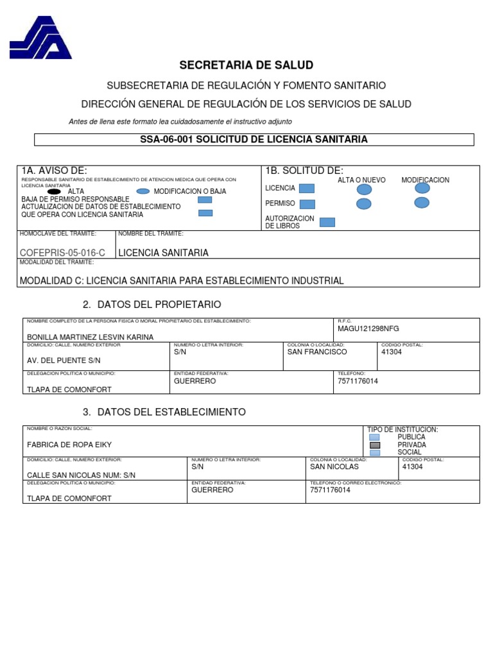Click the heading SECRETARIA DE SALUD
tap(246, 65)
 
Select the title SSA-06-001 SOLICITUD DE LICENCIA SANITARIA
tap(254, 139)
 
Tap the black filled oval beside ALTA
tap(55, 191)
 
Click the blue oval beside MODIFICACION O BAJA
tap(143, 191)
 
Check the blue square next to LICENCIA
tap(307, 189)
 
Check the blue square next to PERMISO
tap(307, 204)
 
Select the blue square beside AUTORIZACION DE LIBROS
tap(327, 222)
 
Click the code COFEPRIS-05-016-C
tap(63, 253)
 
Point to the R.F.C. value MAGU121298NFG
tap(368, 328)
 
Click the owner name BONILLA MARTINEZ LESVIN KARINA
tap(90, 337)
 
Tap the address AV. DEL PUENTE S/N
tap(64, 361)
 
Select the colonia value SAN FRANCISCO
tap(317, 352)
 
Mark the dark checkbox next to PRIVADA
tap(375, 445)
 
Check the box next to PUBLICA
tap(375, 437)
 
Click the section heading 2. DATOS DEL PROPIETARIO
tap(151, 304)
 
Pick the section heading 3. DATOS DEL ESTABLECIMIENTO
tap(164, 412)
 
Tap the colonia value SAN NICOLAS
tap(334, 466)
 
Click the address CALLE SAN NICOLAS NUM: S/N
tap(81, 475)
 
